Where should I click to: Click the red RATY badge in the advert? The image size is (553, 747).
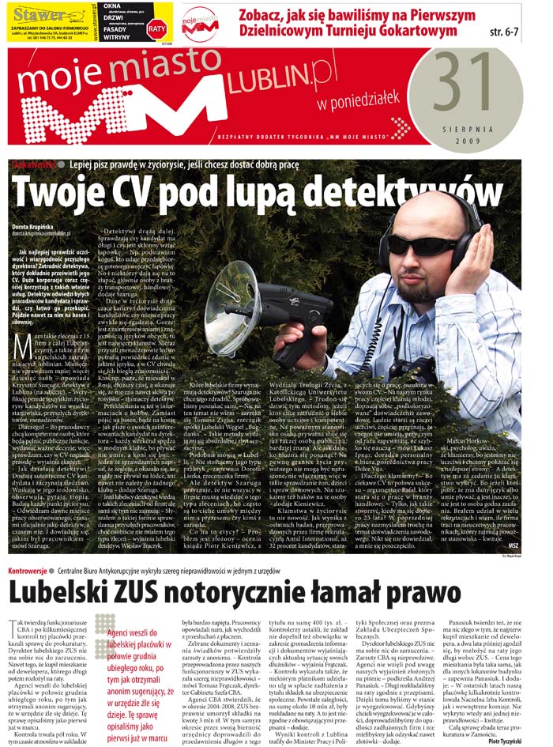coord(157,28)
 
